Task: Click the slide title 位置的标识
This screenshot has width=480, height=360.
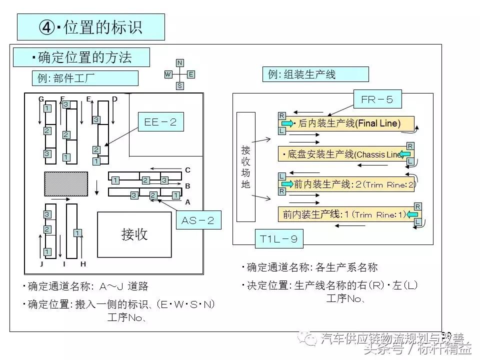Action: point(90,27)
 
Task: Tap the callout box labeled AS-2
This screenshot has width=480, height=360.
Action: point(198,220)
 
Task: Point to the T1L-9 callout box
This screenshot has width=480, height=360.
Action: point(278,239)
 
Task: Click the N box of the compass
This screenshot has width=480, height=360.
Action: point(179,62)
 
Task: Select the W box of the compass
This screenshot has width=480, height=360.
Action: point(168,74)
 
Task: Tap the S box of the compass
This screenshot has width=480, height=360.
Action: point(179,86)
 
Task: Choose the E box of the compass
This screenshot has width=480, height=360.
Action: point(191,74)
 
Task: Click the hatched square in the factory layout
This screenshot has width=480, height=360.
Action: point(66,184)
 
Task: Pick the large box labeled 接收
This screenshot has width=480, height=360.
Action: point(134,234)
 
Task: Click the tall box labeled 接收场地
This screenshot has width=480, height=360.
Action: point(245,166)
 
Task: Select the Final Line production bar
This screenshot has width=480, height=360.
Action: point(346,123)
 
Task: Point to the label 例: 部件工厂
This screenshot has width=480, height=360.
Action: point(84,78)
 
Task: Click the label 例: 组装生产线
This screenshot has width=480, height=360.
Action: point(315,74)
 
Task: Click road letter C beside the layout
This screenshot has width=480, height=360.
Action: point(188,170)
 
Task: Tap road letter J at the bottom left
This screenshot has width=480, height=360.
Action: point(41,263)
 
